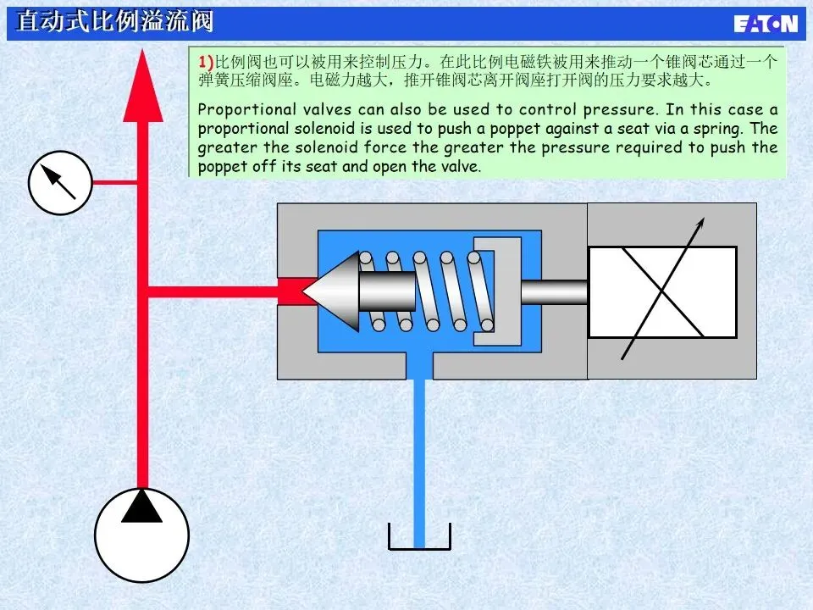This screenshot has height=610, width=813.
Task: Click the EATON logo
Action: click(x=765, y=23)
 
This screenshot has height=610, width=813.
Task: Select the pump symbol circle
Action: click(x=141, y=534)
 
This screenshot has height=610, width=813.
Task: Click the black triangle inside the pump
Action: click(x=141, y=507)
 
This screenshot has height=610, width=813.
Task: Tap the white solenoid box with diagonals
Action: click(x=662, y=291)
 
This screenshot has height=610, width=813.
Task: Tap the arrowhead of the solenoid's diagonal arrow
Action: click(x=700, y=224)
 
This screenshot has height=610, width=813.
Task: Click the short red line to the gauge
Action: click(x=113, y=182)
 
